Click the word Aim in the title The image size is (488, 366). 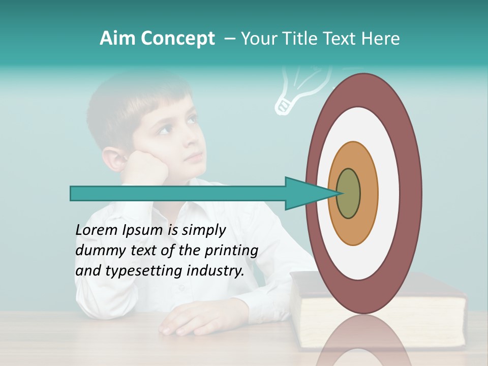click(117, 39)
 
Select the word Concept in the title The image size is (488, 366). click(177, 39)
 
